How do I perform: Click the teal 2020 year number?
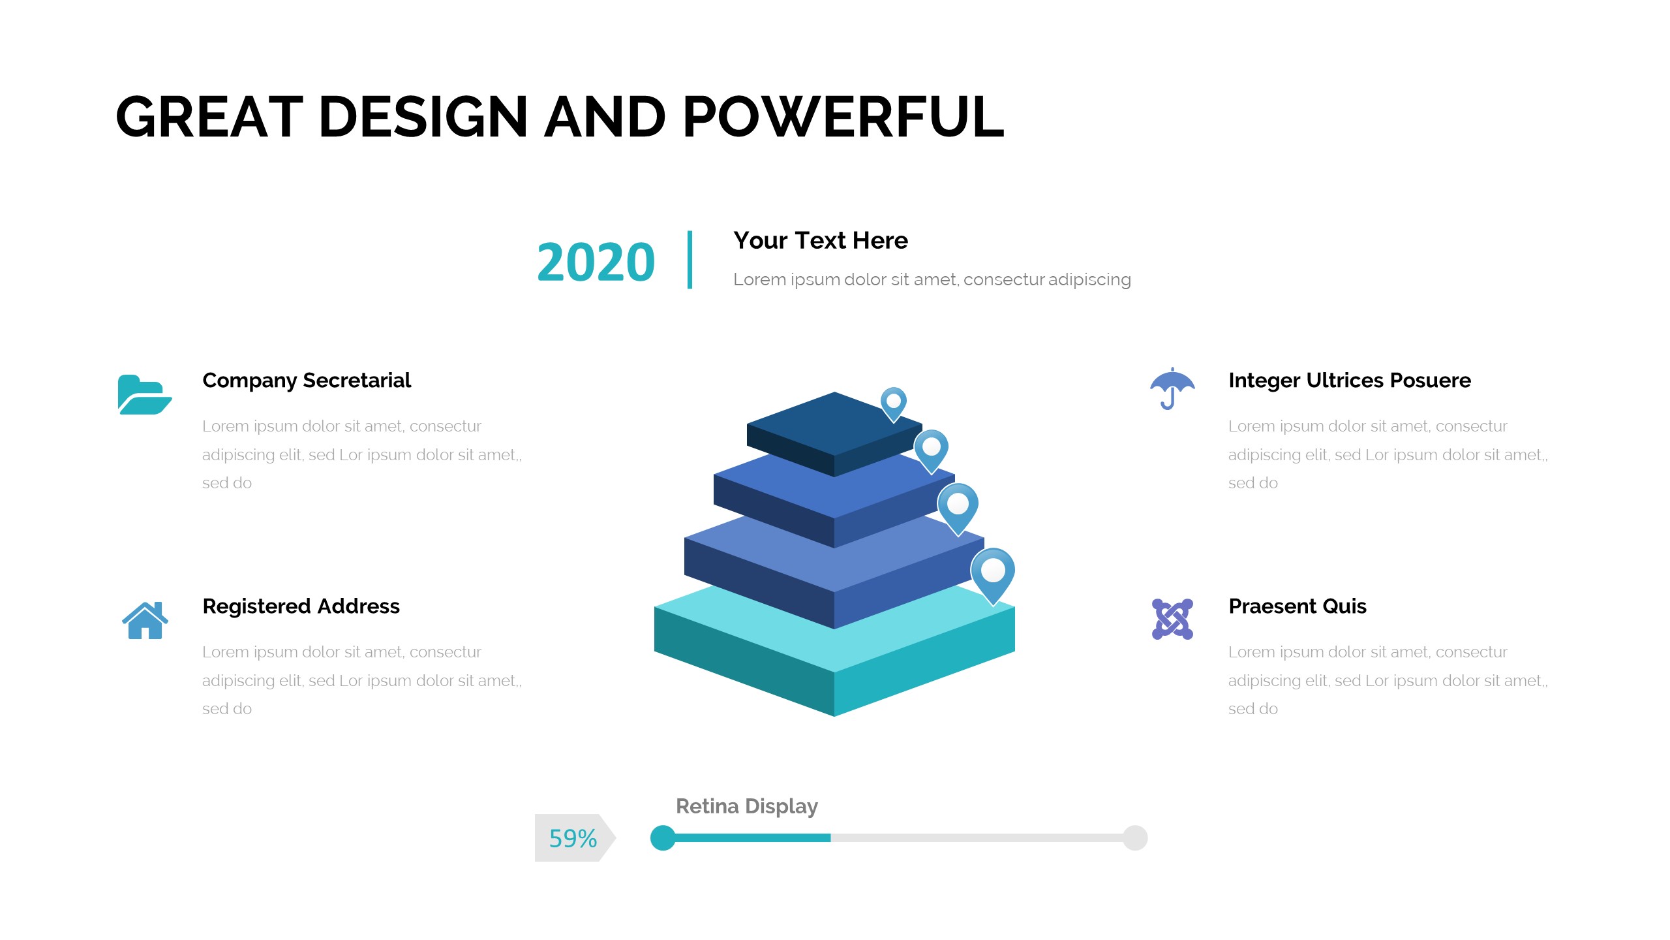pos(596,262)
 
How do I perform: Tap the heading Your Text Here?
pos(821,240)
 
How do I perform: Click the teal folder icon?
pos(145,394)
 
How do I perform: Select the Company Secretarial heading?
pos(307,380)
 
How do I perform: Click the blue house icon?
pos(145,620)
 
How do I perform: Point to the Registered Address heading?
pos(301,606)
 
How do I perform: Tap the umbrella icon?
pos(1172,388)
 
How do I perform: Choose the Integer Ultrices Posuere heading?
pos(1350,380)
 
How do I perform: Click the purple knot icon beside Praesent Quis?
pos(1172,619)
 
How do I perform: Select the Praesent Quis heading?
pos(1298,606)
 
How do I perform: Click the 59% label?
pos(573,838)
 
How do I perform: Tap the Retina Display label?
pos(747,806)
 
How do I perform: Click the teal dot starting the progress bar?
pos(663,838)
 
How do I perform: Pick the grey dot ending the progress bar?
pos(1135,838)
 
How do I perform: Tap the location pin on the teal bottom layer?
pos(993,574)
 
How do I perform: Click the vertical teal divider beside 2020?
pos(690,259)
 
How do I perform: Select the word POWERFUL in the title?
pos(843,117)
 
